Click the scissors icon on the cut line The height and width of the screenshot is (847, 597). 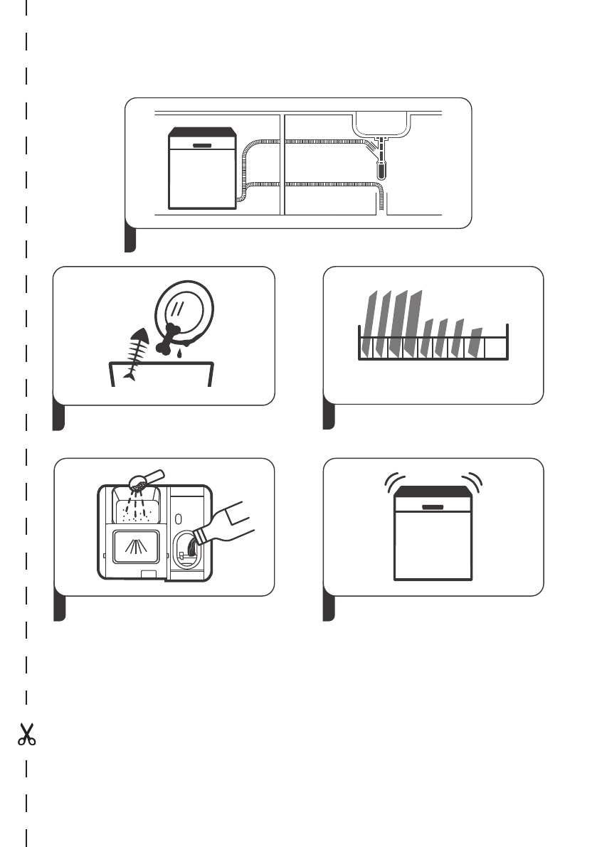27,735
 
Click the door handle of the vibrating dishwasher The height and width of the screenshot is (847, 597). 433,507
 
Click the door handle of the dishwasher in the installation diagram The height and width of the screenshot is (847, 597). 202,144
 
